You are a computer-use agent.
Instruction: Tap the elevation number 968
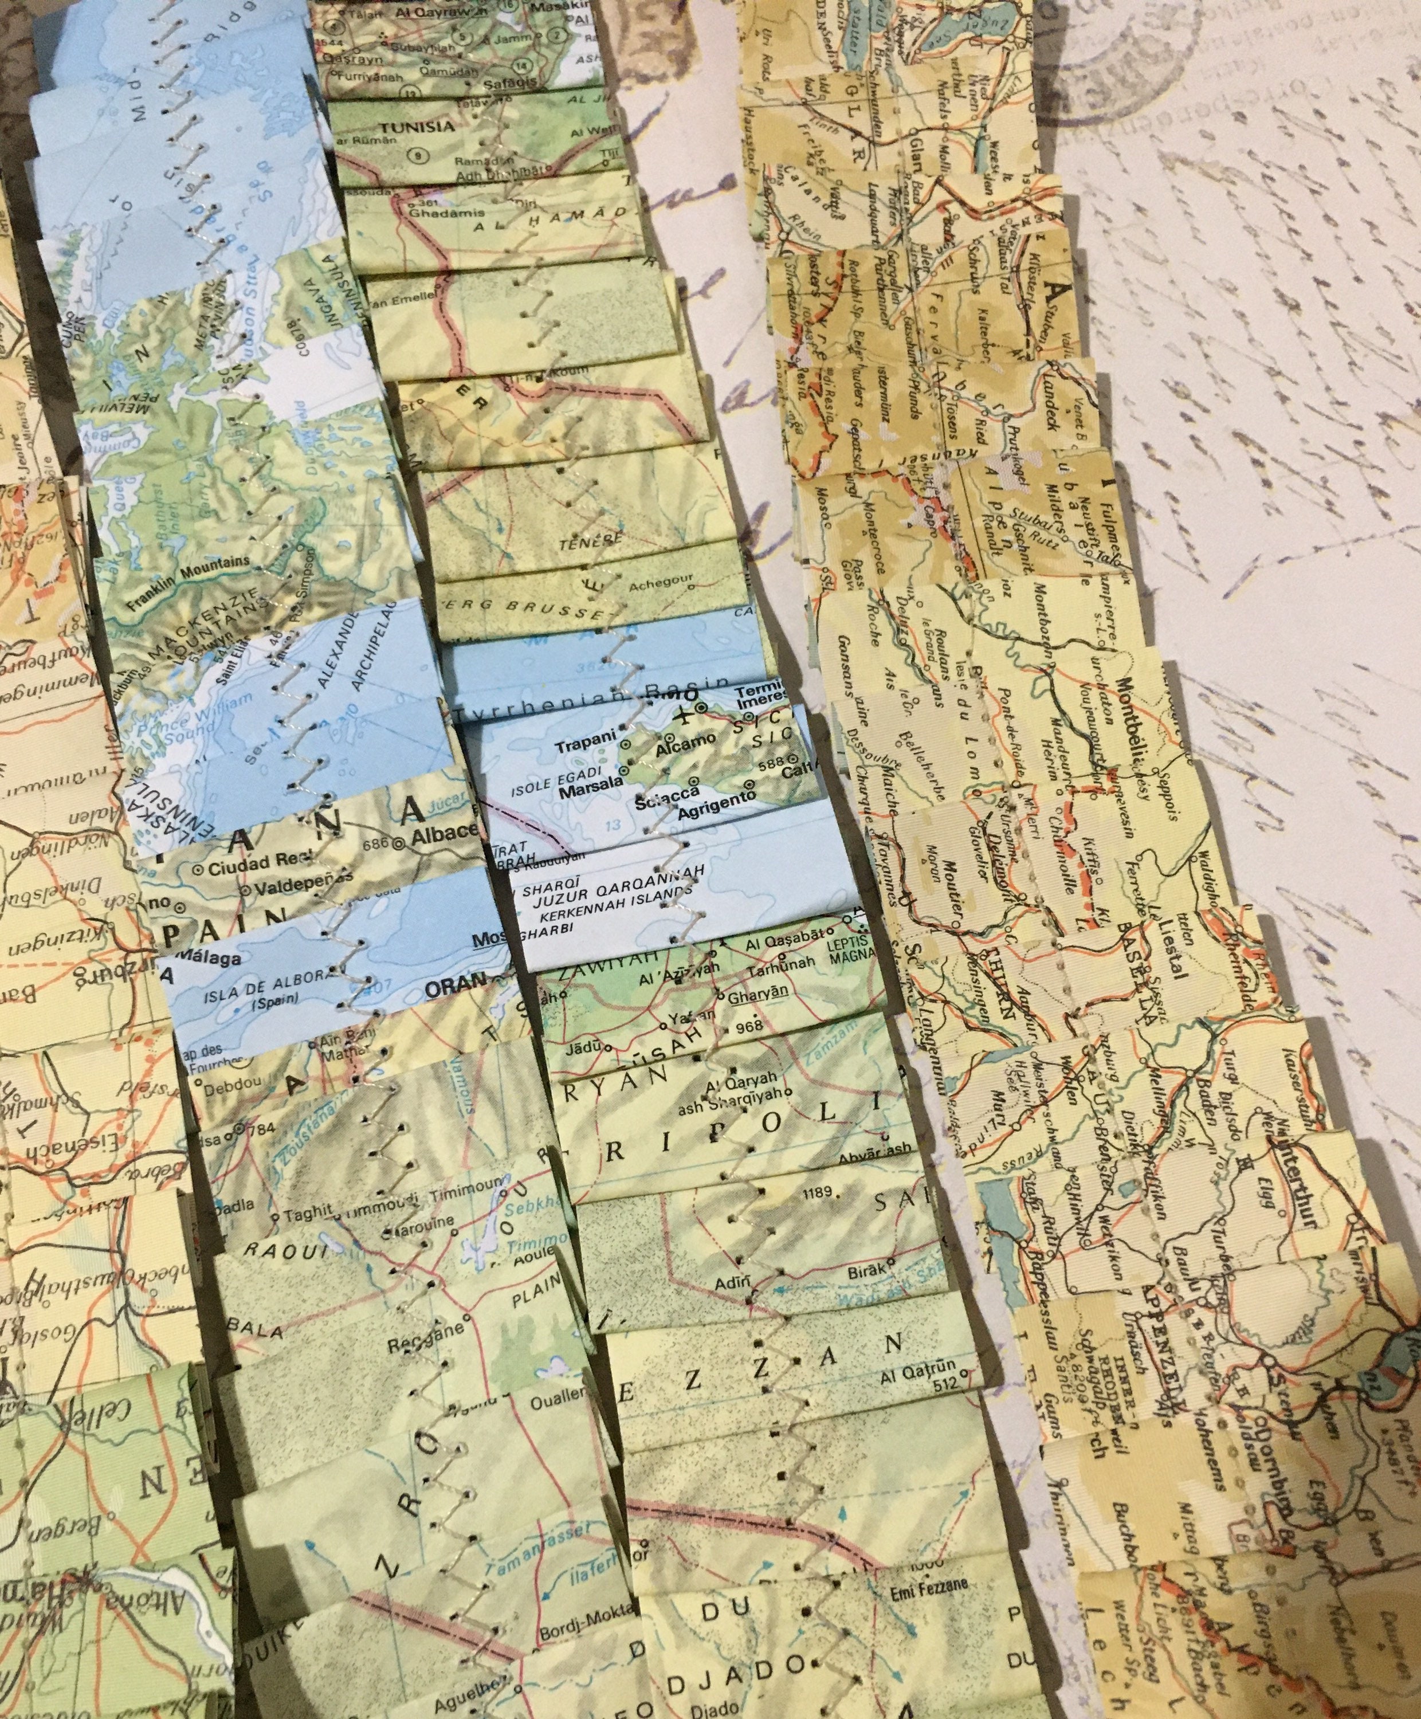[748, 1025]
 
